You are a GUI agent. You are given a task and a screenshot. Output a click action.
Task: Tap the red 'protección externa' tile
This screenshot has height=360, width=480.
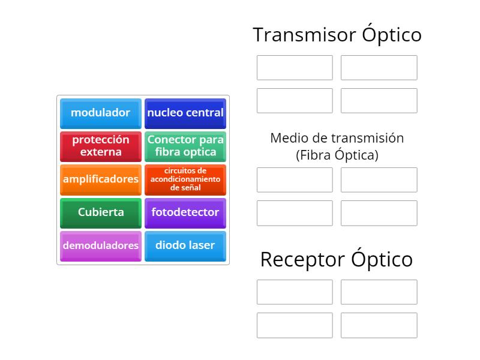pyautogui.click(x=101, y=146)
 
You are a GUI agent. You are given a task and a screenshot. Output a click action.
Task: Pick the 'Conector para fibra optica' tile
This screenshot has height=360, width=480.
pyautogui.click(x=185, y=146)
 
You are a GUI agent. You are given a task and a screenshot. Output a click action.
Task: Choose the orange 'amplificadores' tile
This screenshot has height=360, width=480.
pyautogui.click(x=101, y=179)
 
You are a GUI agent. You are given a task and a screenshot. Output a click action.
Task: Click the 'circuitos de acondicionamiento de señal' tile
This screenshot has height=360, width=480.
pyautogui.click(x=185, y=179)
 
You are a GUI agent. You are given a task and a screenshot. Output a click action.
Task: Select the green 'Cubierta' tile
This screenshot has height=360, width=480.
pyautogui.click(x=101, y=212)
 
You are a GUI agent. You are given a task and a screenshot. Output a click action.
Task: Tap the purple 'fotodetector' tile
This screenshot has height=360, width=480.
pyautogui.click(x=185, y=212)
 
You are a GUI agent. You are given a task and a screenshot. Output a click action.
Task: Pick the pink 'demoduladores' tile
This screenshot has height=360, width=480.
pyautogui.click(x=101, y=246)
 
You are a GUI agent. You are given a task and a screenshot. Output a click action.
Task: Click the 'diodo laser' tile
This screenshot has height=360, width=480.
pyautogui.click(x=185, y=246)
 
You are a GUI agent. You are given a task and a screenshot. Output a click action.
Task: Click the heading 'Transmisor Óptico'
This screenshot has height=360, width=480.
pyautogui.click(x=337, y=35)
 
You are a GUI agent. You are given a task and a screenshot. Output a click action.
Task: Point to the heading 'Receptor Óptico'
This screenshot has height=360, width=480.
pyautogui.click(x=337, y=259)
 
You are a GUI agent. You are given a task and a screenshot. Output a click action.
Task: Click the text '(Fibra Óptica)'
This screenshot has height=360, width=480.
pyautogui.click(x=337, y=155)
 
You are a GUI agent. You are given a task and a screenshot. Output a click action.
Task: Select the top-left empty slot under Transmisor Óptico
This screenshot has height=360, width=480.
pyautogui.click(x=295, y=68)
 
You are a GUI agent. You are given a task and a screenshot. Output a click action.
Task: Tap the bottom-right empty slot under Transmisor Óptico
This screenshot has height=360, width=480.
pyautogui.click(x=379, y=101)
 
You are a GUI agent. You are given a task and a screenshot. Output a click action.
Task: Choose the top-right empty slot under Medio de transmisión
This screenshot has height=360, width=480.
pyautogui.click(x=379, y=180)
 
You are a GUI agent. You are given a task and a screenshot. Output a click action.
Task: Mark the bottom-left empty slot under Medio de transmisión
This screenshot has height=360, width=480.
pyautogui.click(x=295, y=213)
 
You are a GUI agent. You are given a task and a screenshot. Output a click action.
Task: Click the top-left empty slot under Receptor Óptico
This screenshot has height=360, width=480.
pyautogui.click(x=295, y=292)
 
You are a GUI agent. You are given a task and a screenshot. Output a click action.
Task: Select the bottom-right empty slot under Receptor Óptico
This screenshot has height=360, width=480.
pyautogui.click(x=379, y=325)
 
